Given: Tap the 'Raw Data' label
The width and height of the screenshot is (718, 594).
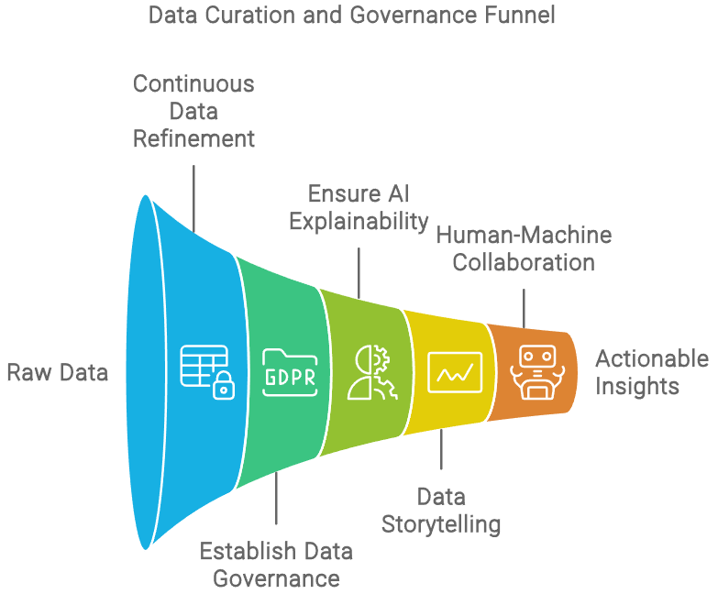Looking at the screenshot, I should (x=57, y=372).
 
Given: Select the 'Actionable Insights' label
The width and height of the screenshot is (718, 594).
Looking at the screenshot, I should (x=652, y=372).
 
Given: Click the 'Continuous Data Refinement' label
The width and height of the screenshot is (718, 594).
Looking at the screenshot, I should (x=193, y=111).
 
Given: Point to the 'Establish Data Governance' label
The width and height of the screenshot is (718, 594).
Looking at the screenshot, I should (x=276, y=565).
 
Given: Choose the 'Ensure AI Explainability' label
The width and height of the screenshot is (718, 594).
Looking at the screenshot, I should (x=359, y=207).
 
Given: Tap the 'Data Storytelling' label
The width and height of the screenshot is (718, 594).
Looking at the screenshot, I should (x=441, y=511).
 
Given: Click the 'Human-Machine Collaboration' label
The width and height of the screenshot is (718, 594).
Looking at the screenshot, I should (x=524, y=248).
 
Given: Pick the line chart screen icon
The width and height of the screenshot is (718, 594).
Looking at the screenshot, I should (x=458, y=372).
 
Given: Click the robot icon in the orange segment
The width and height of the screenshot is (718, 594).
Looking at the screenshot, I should (x=534, y=372).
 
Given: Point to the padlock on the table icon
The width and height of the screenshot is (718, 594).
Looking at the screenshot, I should (x=223, y=389).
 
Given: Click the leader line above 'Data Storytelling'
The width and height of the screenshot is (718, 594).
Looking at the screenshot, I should (x=441, y=454).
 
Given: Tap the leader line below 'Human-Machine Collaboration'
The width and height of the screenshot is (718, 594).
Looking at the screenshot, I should (x=524, y=307).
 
